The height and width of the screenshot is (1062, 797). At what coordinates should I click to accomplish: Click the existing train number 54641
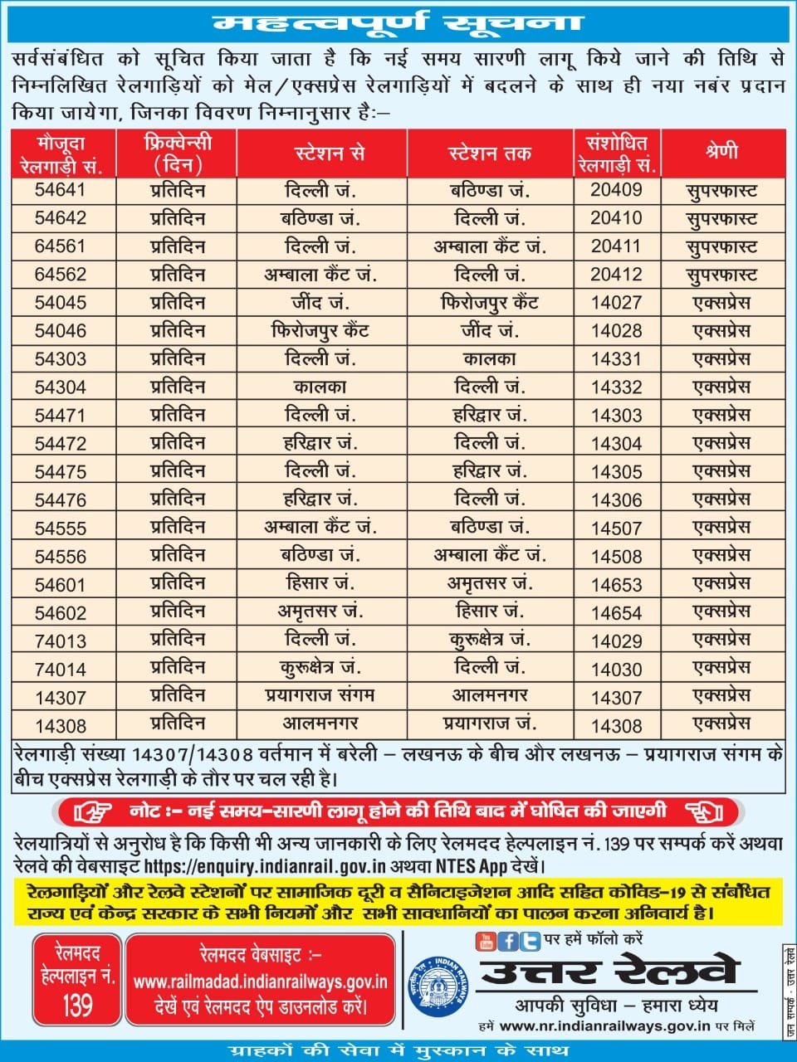coord(61,190)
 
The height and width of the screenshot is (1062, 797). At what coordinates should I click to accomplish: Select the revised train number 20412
coord(616,275)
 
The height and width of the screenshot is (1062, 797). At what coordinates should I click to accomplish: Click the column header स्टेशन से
coord(330,153)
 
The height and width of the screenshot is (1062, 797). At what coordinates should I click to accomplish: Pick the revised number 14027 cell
coord(616,303)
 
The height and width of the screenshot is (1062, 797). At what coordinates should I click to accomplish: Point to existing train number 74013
coord(61,641)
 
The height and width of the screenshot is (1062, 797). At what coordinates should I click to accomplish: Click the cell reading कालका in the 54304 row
coord(320,387)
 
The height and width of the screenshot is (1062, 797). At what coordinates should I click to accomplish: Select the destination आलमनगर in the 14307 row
coord(489,696)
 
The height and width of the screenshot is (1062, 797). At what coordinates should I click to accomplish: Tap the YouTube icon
coord(485,941)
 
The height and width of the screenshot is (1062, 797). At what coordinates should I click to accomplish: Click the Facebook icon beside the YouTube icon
coord(509,941)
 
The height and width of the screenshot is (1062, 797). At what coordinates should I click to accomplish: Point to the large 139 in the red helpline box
coord(77,1006)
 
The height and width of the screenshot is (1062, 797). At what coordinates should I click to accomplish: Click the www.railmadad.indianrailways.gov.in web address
coord(260,982)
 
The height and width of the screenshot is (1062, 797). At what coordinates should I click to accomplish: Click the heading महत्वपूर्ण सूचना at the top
coord(398,22)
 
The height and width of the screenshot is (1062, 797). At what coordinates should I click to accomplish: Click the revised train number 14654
coord(616,613)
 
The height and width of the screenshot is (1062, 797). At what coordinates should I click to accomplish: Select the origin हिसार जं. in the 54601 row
coord(320,583)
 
